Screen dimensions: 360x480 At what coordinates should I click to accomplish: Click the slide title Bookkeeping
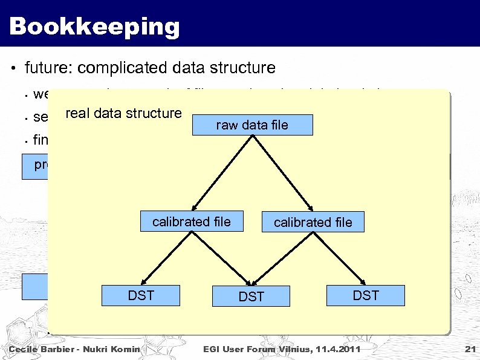click(95, 27)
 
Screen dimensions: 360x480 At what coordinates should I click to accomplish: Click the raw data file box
click(251, 125)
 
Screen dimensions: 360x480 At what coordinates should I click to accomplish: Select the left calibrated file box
click(191, 222)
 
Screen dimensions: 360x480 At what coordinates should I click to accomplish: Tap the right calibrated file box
click(313, 222)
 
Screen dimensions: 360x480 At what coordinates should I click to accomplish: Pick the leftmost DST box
click(141, 296)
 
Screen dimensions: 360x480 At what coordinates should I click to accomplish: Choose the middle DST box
click(251, 296)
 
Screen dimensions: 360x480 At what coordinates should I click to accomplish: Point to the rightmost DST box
click(365, 295)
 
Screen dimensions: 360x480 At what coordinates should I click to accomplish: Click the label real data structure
click(123, 113)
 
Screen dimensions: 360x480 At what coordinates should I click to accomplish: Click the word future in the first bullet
click(46, 68)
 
